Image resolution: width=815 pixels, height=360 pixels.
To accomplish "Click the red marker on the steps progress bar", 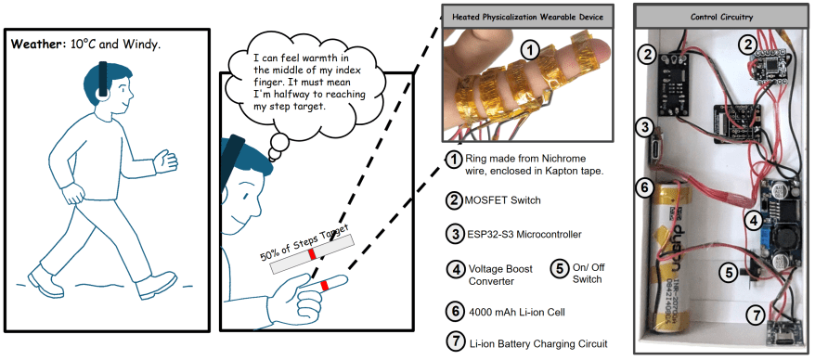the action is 312,254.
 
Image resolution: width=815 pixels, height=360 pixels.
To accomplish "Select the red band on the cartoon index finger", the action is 325,286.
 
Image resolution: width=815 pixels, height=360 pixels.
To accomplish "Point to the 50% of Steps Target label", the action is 303,241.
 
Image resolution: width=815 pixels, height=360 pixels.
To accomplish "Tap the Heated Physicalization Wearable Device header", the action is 527,17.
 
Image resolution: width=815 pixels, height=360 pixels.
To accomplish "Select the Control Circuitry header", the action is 721,17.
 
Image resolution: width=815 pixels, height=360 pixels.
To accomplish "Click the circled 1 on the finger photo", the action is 530,50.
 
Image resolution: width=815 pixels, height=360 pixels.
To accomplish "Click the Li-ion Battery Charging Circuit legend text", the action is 538,343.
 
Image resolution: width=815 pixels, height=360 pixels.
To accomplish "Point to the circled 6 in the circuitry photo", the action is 644,188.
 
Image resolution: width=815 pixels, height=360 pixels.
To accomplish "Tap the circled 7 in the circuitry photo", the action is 756,315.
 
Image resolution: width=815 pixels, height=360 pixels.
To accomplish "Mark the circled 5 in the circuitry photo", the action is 730,271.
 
